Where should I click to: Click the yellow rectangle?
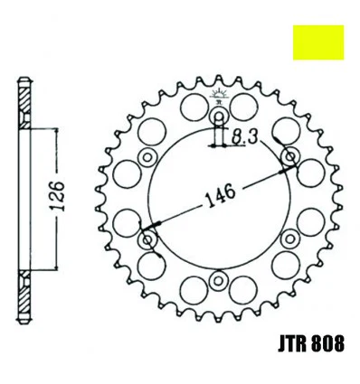tap(318, 42)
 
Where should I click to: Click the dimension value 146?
tap(220, 195)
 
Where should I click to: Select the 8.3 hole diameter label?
tap(244, 137)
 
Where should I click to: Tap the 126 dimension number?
tap(56, 196)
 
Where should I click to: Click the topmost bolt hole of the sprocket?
tap(219, 117)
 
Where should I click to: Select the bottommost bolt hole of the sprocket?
tap(218, 280)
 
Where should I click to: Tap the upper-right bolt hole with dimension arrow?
tap(290, 156)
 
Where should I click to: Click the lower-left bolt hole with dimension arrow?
tap(147, 240)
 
